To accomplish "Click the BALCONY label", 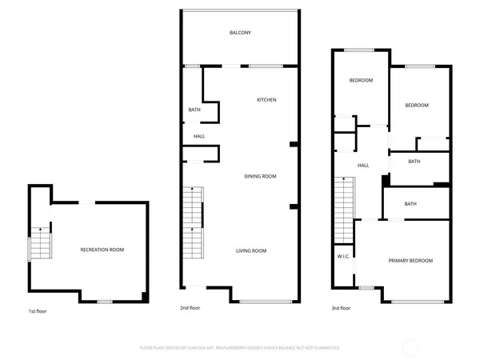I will tap(241, 33).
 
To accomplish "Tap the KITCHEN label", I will tap(266, 100).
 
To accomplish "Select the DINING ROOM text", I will tap(260, 176).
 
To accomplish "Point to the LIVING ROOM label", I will tap(250, 251).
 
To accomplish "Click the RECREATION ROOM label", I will tap(102, 250).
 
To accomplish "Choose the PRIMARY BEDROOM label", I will tap(410, 261).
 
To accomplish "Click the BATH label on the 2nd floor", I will tap(194, 110).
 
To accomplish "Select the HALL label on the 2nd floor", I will tap(198, 137).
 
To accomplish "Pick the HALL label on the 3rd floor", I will tap(362, 166).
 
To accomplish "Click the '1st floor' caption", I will tap(38, 310).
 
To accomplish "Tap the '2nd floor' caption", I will tap(190, 308).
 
